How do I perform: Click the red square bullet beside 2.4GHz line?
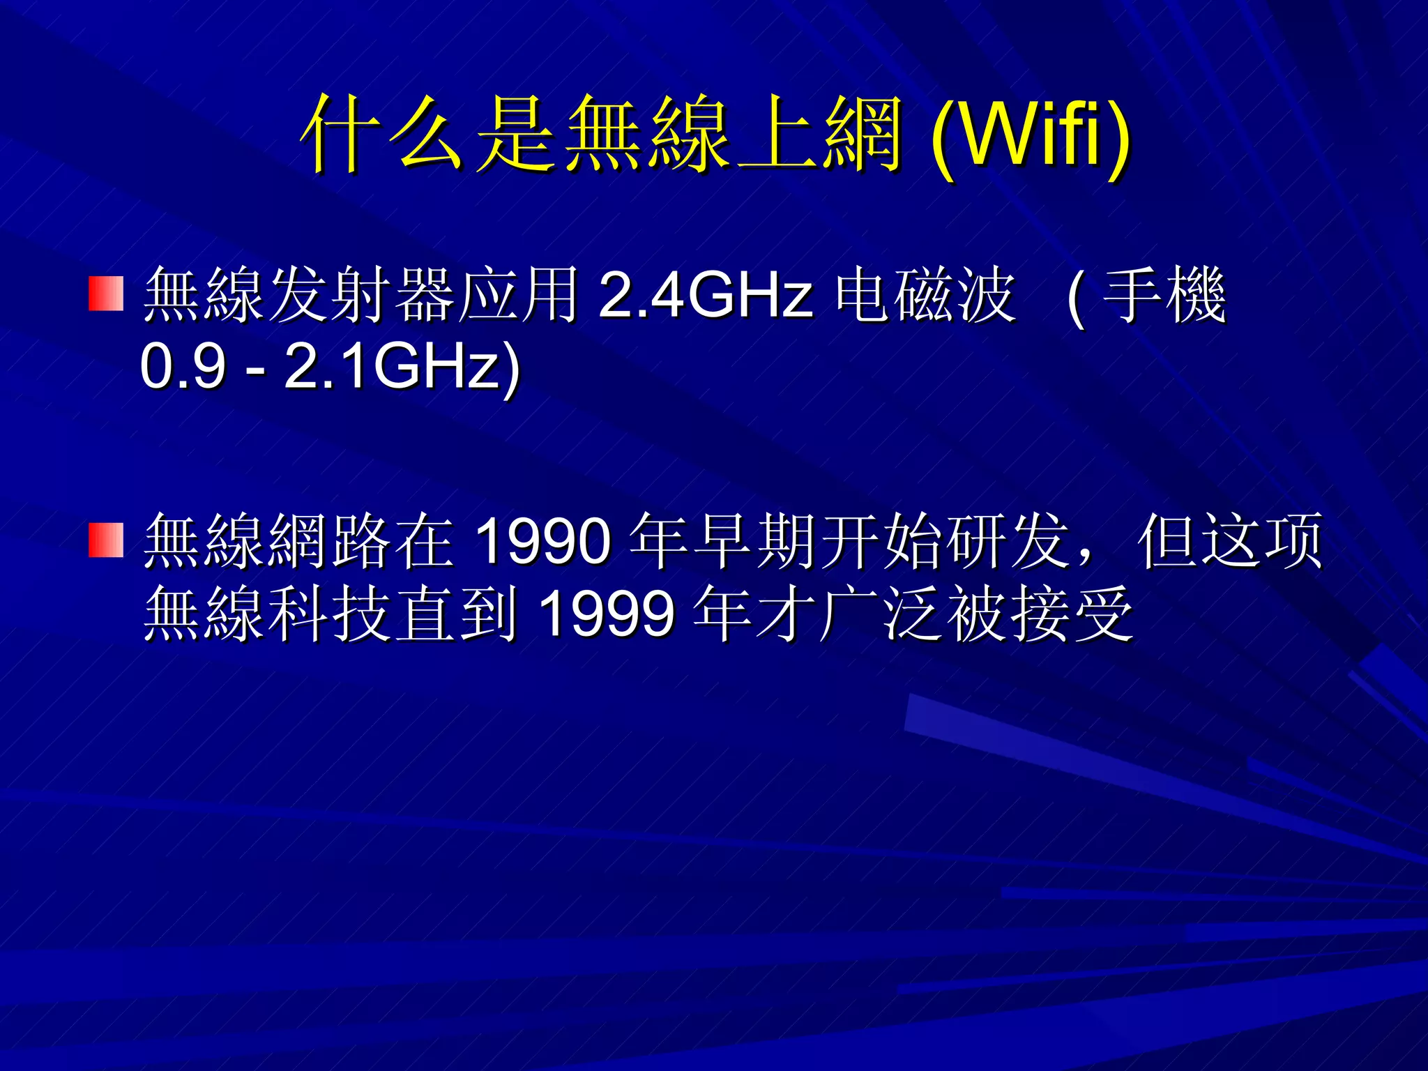click(x=106, y=294)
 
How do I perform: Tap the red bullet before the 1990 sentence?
click(x=106, y=540)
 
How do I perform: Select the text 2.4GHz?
click(x=705, y=295)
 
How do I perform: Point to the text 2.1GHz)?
click(x=402, y=367)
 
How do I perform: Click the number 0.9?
click(x=183, y=367)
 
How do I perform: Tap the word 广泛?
click(x=880, y=614)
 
